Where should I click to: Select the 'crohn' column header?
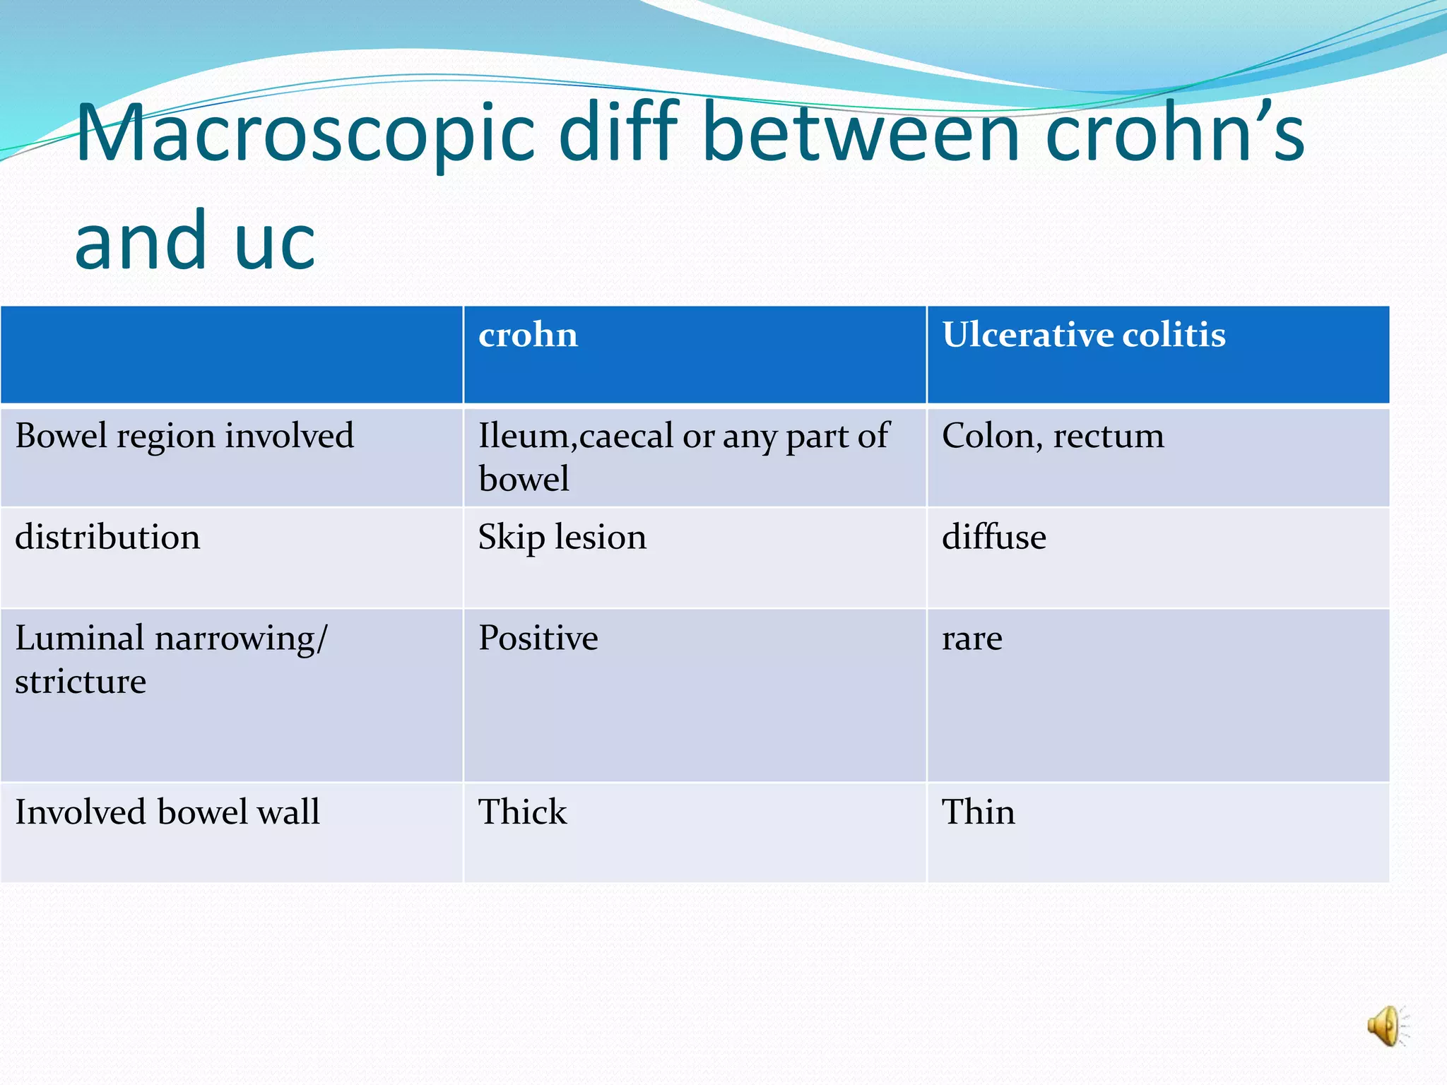[x=528, y=335]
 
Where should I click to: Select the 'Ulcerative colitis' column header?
[x=1083, y=335]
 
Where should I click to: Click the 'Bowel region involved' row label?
[x=184, y=436]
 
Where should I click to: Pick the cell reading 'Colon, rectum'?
[x=1053, y=436]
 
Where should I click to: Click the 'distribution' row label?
[x=107, y=537]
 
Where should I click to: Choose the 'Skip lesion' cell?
[x=562, y=538]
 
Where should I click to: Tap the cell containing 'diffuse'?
[x=993, y=537]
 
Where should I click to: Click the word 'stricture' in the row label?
[x=81, y=682]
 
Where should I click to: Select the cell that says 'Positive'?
[x=538, y=639]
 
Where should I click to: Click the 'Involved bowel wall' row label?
[x=167, y=812]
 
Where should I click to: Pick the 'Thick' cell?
[x=522, y=812]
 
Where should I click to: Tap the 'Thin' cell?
[x=978, y=812]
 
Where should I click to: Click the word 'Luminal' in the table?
[x=79, y=638]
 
